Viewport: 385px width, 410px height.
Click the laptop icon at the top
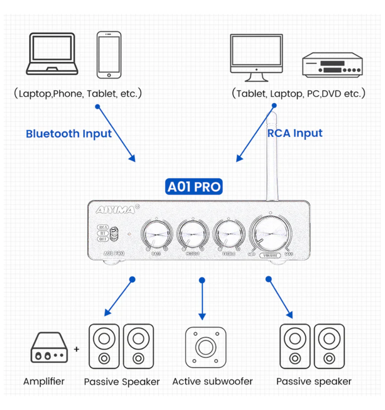(52, 54)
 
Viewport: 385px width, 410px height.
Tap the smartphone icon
(109, 55)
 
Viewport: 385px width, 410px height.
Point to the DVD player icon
(332, 65)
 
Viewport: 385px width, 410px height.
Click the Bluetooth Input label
(68, 134)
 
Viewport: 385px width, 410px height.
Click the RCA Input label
(295, 133)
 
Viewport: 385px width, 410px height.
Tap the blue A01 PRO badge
(194, 187)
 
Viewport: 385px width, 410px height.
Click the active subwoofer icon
(205, 347)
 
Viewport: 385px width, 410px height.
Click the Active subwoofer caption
(212, 382)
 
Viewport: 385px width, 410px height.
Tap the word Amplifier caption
(44, 381)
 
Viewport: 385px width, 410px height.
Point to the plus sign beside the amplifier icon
(76, 349)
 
